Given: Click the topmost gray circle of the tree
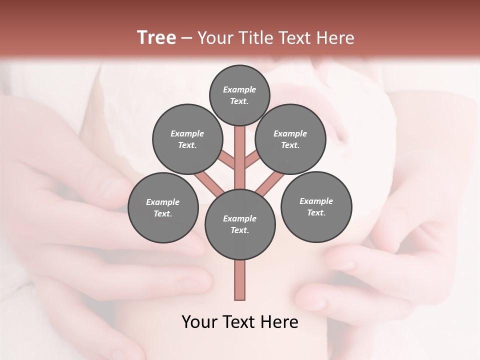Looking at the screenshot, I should (x=239, y=95).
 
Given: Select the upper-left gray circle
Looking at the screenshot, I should (x=187, y=139).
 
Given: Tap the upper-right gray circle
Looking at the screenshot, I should (x=290, y=139).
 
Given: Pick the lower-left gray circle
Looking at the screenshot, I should (x=163, y=207).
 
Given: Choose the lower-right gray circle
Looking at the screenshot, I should (x=316, y=206).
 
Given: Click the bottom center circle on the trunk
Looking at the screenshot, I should (x=240, y=224).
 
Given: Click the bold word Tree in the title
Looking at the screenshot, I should (x=156, y=37).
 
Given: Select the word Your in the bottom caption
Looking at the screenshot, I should (x=200, y=322).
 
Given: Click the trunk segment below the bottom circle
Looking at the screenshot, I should (x=240, y=280).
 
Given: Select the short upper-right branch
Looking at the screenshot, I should (x=251, y=160).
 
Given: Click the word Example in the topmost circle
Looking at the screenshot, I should (x=239, y=89).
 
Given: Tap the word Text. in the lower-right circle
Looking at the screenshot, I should (x=316, y=212).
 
